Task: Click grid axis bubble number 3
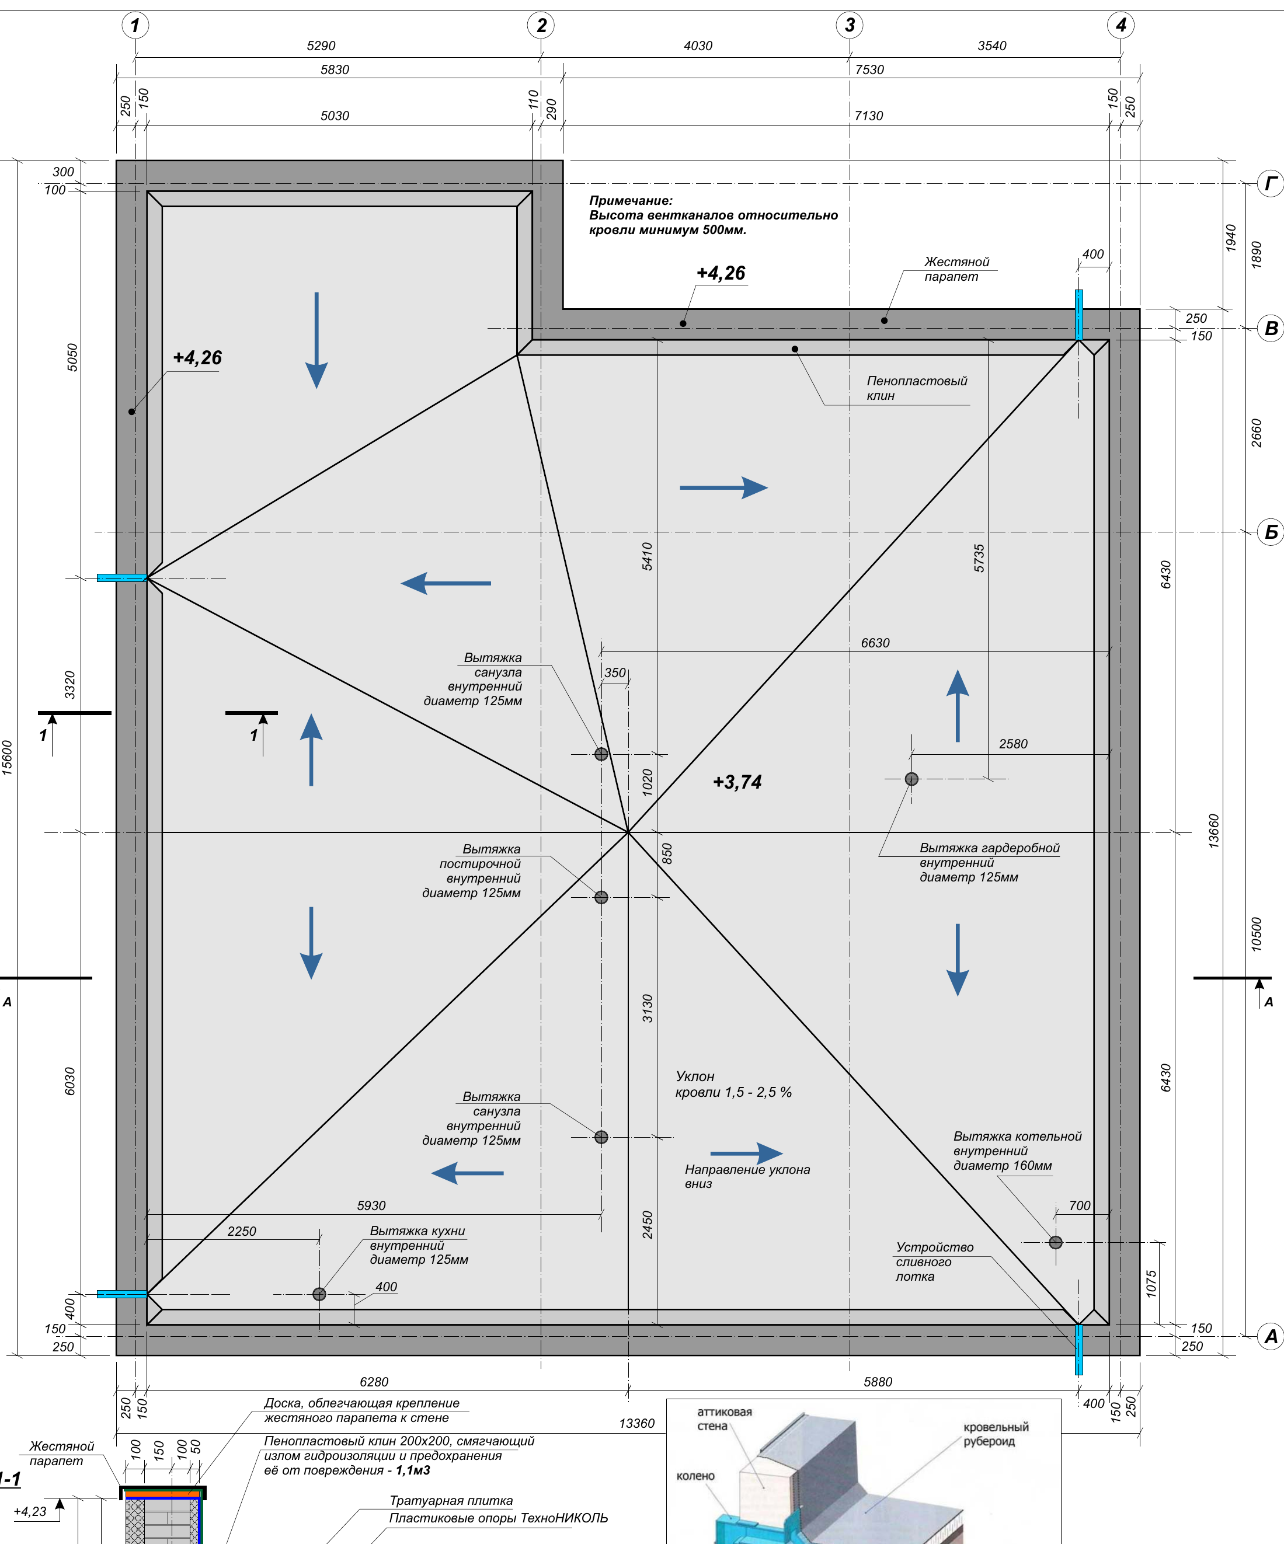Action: tap(850, 26)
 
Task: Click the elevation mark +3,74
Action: tap(737, 782)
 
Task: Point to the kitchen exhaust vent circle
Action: tap(319, 1294)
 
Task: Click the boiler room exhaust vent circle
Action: tap(1055, 1243)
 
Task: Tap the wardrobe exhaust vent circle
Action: tap(911, 779)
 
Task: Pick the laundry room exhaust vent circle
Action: tap(601, 897)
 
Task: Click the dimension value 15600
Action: tap(8, 757)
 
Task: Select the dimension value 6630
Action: tap(875, 643)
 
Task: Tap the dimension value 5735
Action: tap(979, 558)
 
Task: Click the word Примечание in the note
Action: tap(630, 200)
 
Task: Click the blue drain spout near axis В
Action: tap(1079, 315)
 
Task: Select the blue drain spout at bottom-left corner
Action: tap(122, 1294)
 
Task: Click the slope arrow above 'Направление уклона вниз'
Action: tap(746, 1153)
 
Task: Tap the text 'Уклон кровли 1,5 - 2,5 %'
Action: tap(733, 1085)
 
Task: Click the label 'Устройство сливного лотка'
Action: tap(934, 1261)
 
